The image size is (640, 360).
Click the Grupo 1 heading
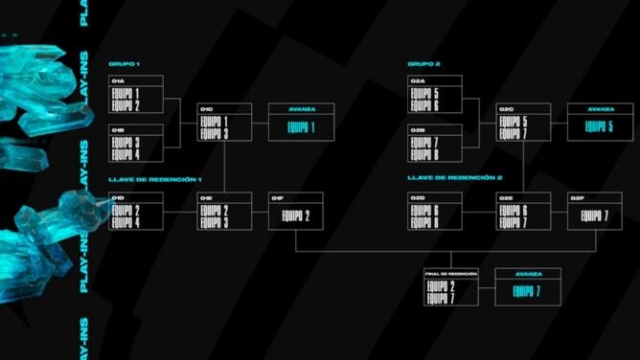125,64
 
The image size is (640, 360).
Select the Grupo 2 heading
423,64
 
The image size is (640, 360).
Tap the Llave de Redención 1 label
155,179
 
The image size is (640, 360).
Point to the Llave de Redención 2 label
454,178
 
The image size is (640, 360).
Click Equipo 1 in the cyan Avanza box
300,127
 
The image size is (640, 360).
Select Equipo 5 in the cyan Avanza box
599,126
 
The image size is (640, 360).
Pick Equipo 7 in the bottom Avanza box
526,291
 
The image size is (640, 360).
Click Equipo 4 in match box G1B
126,154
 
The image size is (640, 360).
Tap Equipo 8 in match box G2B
423,154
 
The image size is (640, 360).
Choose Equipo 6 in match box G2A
423,105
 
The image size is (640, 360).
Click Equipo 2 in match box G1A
126,105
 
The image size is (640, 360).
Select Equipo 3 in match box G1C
213,134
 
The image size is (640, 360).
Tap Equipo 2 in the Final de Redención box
440,285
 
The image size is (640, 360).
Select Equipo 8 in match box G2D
423,223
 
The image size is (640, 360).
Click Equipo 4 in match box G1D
126,223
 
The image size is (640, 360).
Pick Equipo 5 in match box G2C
512,122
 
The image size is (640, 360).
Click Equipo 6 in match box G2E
512,210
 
